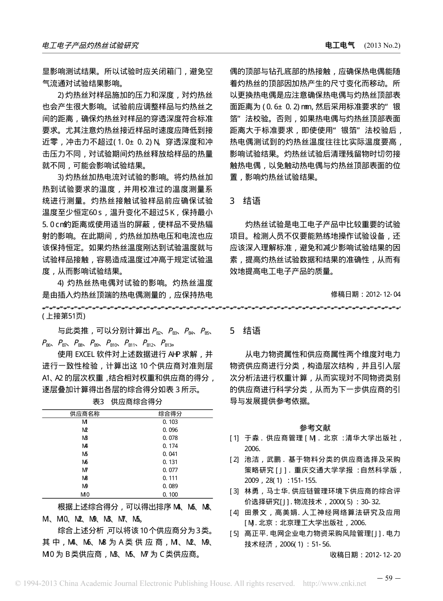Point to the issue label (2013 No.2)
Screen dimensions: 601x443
(x=382, y=46)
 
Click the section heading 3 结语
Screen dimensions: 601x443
(x=245, y=201)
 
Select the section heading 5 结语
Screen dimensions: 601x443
(x=245, y=331)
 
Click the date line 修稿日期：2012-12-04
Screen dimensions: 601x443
(x=365, y=294)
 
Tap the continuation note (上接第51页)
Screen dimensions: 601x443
(x=63, y=316)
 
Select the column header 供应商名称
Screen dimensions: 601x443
(x=85, y=414)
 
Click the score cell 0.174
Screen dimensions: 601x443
(x=170, y=446)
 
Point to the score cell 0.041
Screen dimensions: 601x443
(x=170, y=454)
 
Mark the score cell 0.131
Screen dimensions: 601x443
(x=170, y=462)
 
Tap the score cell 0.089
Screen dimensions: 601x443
(x=170, y=486)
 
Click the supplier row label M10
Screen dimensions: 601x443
(x=85, y=494)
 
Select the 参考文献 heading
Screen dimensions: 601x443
(x=315, y=427)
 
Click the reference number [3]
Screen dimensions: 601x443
(x=234, y=491)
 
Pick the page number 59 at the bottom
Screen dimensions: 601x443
(x=389, y=579)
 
